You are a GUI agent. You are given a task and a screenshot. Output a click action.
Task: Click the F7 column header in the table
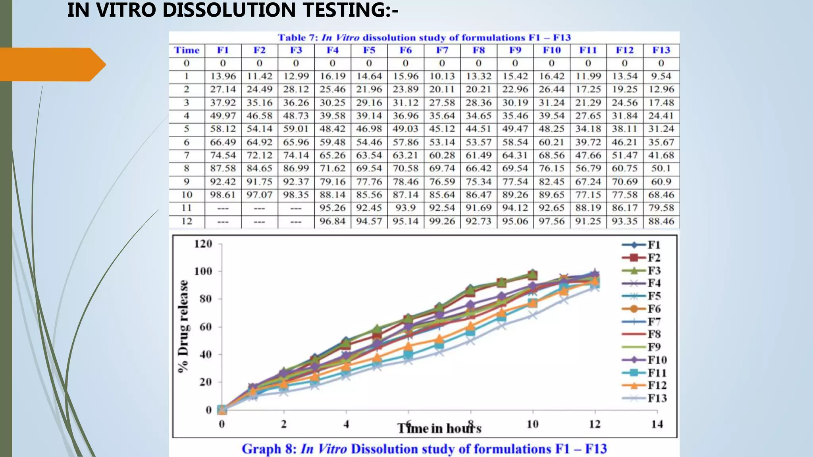click(x=442, y=50)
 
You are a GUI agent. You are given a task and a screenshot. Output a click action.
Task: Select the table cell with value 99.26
click(x=442, y=221)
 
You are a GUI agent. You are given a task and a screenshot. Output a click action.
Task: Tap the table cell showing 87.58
click(x=223, y=168)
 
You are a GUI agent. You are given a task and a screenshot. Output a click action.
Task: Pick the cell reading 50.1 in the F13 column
click(x=661, y=168)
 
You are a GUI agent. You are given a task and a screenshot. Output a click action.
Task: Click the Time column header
click(x=187, y=50)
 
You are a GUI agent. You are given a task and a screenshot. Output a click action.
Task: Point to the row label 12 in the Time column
click(x=187, y=221)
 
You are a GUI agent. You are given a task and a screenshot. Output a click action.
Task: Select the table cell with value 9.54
click(x=661, y=76)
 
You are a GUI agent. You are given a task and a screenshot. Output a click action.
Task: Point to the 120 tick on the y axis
click(x=203, y=244)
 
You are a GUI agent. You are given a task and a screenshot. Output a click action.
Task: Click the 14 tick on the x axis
click(x=657, y=424)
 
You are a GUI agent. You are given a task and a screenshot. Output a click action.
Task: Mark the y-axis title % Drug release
click(x=183, y=326)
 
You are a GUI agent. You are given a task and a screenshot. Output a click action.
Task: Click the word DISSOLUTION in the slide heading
click(x=230, y=10)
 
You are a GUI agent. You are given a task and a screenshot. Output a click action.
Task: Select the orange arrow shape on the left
click(x=52, y=64)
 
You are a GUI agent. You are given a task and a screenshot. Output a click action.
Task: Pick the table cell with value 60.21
click(x=551, y=142)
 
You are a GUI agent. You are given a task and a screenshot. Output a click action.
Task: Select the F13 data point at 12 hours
click(x=594, y=288)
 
